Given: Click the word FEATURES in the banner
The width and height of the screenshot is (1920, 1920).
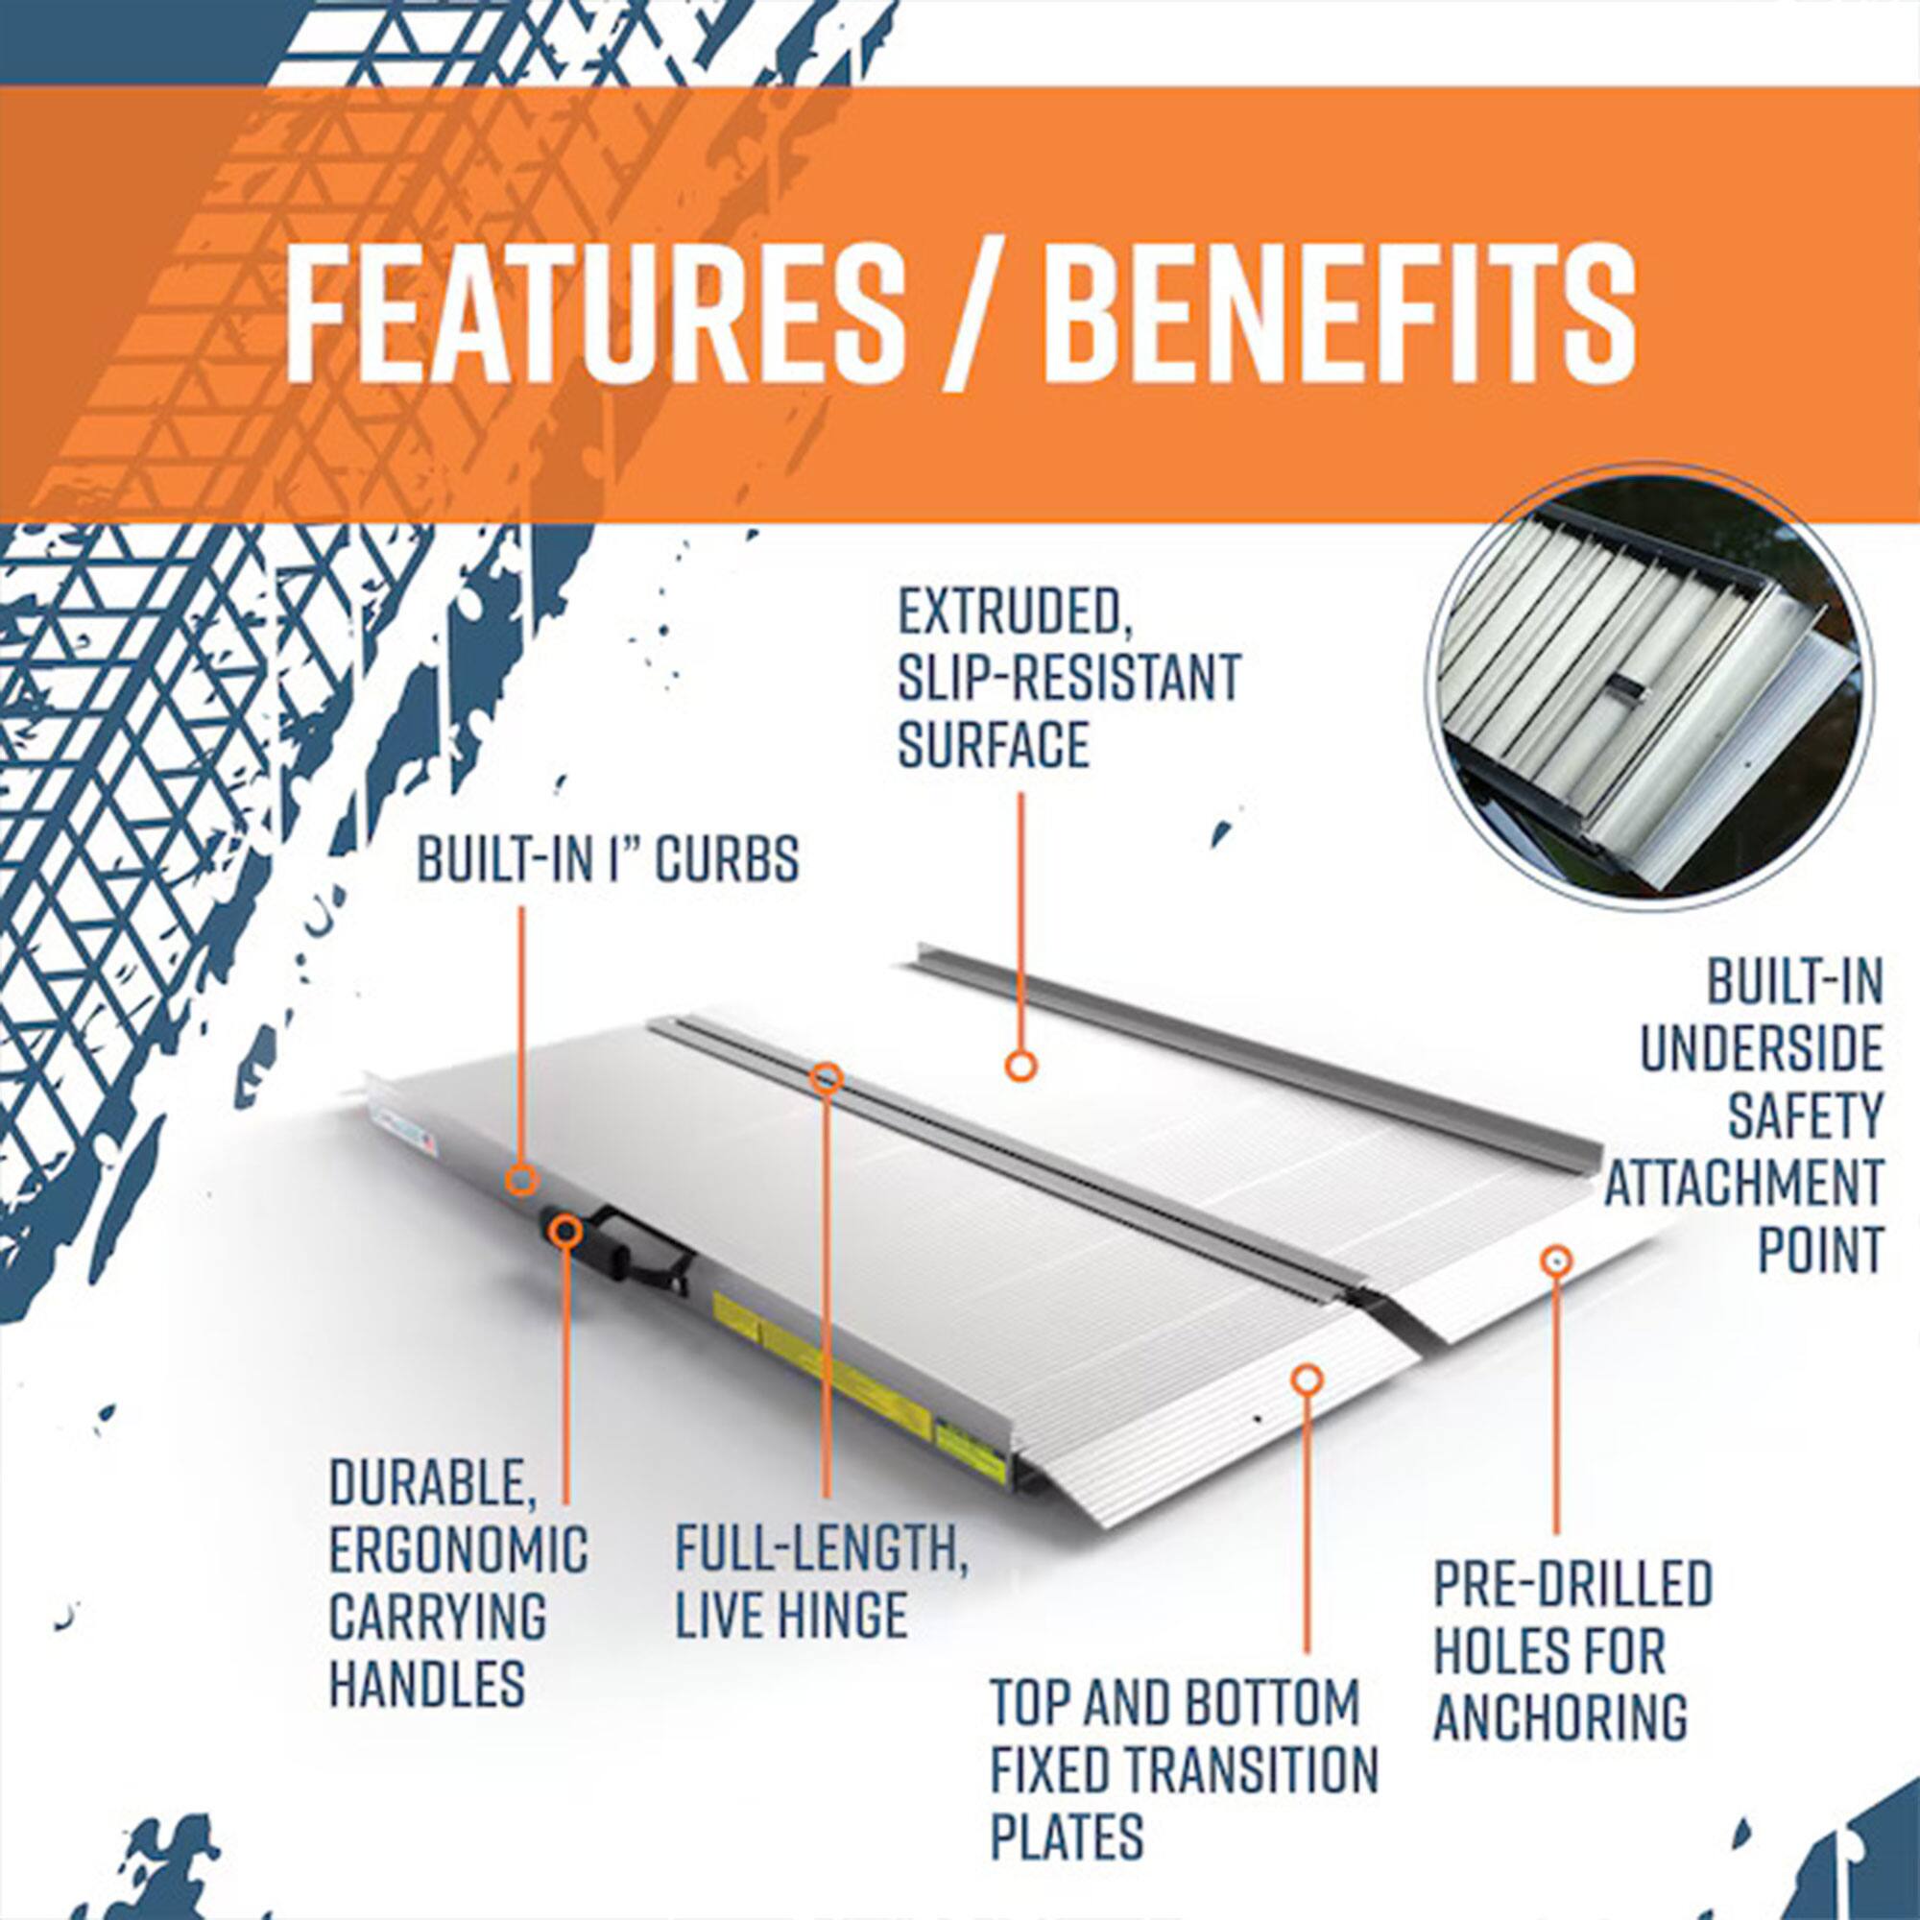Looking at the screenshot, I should (x=593, y=314).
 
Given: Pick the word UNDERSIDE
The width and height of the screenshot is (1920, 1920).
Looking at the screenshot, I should (x=1760, y=1050).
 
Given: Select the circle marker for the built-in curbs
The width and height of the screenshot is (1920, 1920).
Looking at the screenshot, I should (x=521, y=1181).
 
